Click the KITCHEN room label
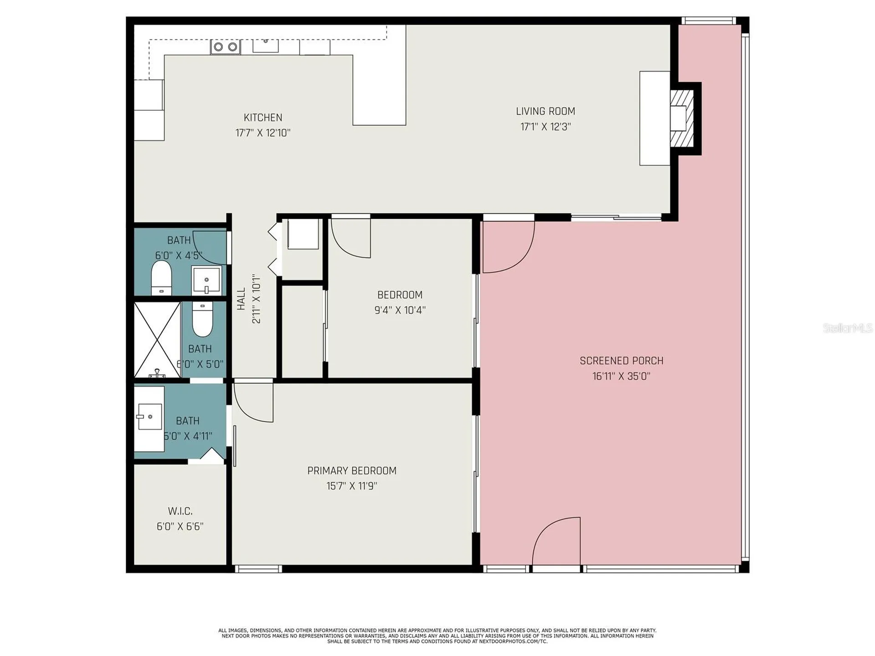pyautogui.click(x=263, y=118)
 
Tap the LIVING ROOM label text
pyautogui.click(x=546, y=111)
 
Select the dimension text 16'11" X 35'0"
pyautogui.click(x=621, y=376)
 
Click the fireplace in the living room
pyautogui.click(x=681, y=118)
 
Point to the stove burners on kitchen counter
pyautogui.click(x=225, y=47)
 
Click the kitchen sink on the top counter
pyautogui.click(x=266, y=45)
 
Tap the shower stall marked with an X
pyautogui.click(x=157, y=340)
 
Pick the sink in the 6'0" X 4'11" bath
pyautogui.click(x=149, y=416)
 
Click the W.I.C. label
pyautogui.click(x=180, y=511)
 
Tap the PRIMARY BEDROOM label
pyautogui.click(x=352, y=470)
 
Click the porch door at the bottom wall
pyautogui.click(x=556, y=542)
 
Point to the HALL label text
pyautogui.click(x=241, y=299)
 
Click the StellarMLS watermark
pyautogui.click(x=848, y=328)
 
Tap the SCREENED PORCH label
pyautogui.click(x=621, y=361)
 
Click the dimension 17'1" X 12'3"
pyautogui.click(x=546, y=127)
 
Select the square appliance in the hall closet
pyautogui.click(x=303, y=234)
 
